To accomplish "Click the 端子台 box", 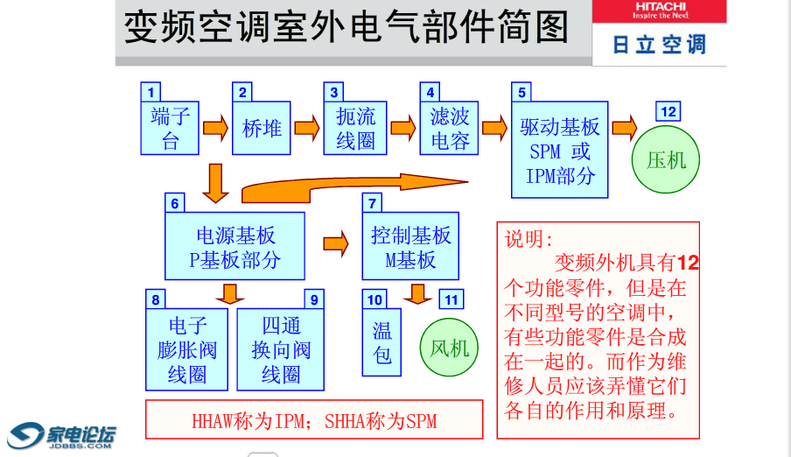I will point(171,128).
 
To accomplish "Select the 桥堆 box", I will point(262,129).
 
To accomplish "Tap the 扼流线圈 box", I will point(355,129).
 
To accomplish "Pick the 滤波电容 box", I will point(450,129).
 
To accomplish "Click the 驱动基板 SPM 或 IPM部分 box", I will point(560,150).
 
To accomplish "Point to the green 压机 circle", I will point(666,159).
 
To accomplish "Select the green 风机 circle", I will point(450,348).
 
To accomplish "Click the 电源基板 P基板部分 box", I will point(235,246).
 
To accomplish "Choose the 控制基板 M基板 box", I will point(410,246).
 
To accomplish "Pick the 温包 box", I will point(382,342).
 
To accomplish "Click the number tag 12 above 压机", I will point(668,111).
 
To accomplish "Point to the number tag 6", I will point(175,203).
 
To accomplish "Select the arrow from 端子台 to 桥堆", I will point(215,129).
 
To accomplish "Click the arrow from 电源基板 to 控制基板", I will point(336,243).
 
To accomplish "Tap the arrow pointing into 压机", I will point(625,128).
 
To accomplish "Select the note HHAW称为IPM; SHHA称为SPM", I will point(314,420).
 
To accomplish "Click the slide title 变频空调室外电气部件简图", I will point(346,28).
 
